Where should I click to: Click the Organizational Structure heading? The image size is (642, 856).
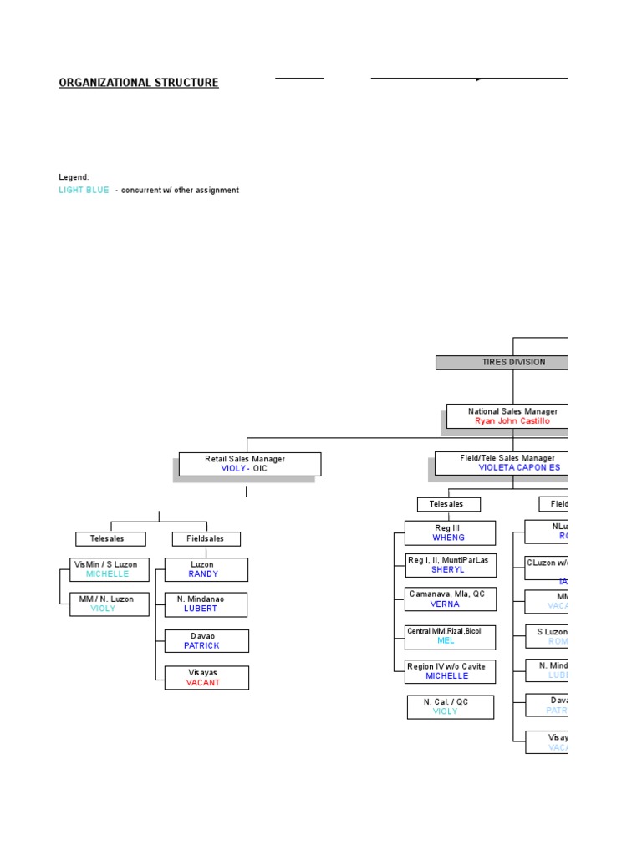[x=139, y=83]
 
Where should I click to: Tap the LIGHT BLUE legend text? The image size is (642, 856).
[x=84, y=191]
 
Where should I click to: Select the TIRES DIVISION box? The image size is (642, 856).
[x=502, y=362]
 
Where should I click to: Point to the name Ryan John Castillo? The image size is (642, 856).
[x=512, y=421]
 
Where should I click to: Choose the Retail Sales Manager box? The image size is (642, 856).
[x=249, y=464]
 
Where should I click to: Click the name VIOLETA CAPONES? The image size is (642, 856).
[x=518, y=468]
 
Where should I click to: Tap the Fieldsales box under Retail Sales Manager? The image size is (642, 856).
[x=206, y=539]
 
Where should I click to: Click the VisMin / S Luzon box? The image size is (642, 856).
[x=110, y=569]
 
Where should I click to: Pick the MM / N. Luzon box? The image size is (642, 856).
[x=110, y=604]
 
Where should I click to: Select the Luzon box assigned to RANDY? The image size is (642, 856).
[x=206, y=569]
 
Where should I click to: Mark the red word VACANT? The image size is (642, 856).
[x=203, y=683]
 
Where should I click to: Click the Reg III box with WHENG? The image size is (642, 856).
[x=450, y=533]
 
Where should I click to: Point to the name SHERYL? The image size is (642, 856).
[x=448, y=570]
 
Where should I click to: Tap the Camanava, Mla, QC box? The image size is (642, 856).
[x=450, y=599]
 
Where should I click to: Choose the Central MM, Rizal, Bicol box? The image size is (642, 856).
[x=450, y=636]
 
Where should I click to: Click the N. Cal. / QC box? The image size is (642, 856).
[x=450, y=706]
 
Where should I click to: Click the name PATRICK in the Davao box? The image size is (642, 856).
[x=202, y=646]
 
